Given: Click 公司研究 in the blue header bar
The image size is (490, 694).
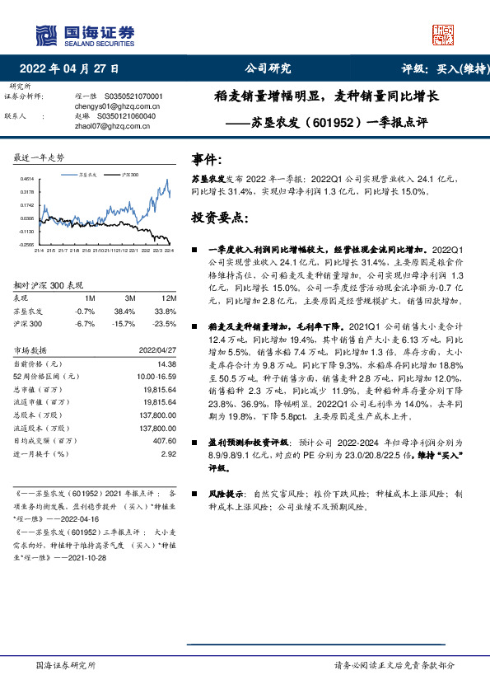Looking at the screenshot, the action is tap(268, 68).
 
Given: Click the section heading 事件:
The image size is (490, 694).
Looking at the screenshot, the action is tap(206, 157).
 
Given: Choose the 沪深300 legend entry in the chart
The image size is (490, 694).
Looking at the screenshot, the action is tap(128, 176).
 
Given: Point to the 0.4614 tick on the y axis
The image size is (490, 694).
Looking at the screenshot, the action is tap(27, 179).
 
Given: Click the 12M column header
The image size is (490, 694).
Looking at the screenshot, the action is tap(170, 297).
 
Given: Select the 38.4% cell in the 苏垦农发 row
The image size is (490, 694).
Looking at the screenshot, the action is tap(124, 312).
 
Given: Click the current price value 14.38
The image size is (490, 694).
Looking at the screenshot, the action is tap(168, 363).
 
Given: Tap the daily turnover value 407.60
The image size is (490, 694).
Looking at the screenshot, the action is tap(165, 441).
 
